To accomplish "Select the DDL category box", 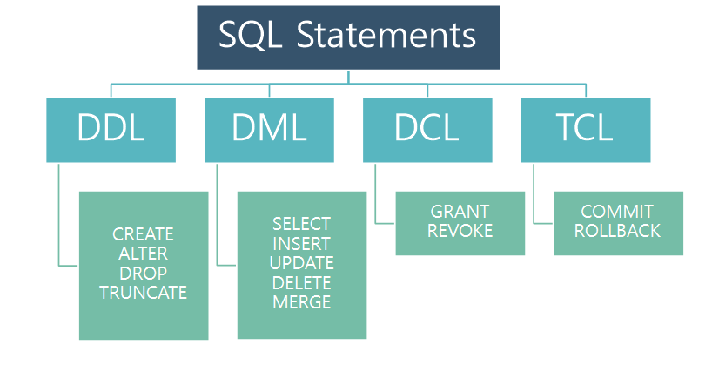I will (x=111, y=130).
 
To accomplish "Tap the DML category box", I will (x=269, y=130).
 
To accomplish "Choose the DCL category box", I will (x=427, y=130).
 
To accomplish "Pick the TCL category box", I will (x=586, y=130).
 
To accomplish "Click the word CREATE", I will (x=144, y=234).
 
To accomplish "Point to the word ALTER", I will (x=144, y=254).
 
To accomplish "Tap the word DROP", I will (x=144, y=273).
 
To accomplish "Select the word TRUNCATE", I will (x=144, y=293).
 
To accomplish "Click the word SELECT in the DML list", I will (x=302, y=224).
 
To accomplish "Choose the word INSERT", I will (x=302, y=243).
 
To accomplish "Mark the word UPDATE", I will (x=302, y=263).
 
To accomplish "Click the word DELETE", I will (x=302, y=282).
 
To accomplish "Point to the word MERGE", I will (x=302, y=302).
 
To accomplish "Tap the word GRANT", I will (x=460, y=212).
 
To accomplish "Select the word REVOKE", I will (x=460, y=231).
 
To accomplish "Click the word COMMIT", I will (x=617, y=212).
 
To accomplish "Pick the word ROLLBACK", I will (x=618, y=231).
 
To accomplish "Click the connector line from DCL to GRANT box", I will (x=375, y=196).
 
